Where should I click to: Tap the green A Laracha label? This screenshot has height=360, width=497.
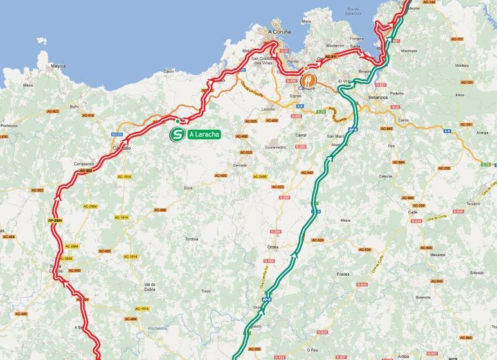[204, 135]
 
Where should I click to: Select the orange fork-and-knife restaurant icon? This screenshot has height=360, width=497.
[310, 80]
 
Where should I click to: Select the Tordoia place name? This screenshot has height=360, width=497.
[191, 239]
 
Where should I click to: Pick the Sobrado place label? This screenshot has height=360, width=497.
[476, 273]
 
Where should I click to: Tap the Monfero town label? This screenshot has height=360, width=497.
[462, 65]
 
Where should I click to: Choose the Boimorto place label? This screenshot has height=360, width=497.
[423, 297]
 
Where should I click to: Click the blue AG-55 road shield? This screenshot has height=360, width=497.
[117, 134]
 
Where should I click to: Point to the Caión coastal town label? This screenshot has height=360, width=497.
[169, 71]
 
